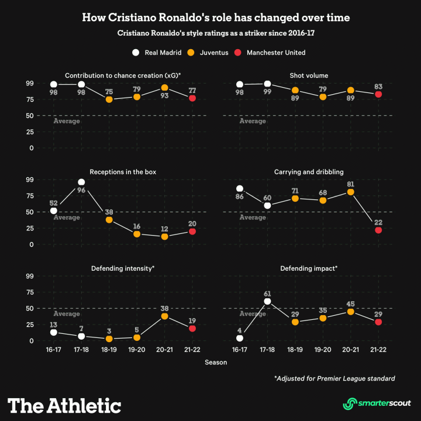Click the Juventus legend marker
(191, 53)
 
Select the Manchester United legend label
(275, 53)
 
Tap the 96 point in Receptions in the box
(81, 182)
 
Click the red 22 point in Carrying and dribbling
(378, 230)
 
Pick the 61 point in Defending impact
(267, 302)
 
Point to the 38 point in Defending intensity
(165, 316)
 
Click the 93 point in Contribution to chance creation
(165, 88)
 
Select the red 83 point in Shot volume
(378, 94)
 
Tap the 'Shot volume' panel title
(308, 75)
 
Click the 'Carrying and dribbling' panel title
(308, 172)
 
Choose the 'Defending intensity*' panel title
(123, 268)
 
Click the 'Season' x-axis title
(216, 363)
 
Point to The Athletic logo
(64, 406)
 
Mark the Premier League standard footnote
(334, 378)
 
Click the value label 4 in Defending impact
(239, 330)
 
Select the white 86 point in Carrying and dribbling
(239, 189)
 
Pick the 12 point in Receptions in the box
(165, 237)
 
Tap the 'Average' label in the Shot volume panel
(253, 121)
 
